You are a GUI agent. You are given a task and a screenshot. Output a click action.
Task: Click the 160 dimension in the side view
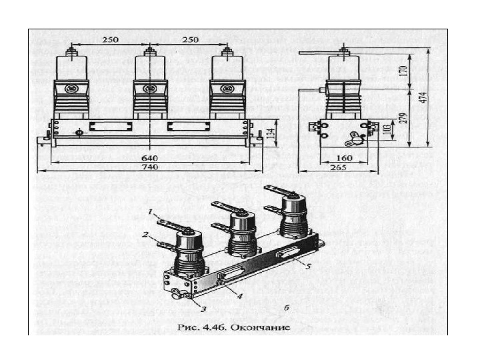pos(347,159)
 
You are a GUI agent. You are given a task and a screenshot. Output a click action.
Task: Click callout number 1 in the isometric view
pos(151,213)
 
